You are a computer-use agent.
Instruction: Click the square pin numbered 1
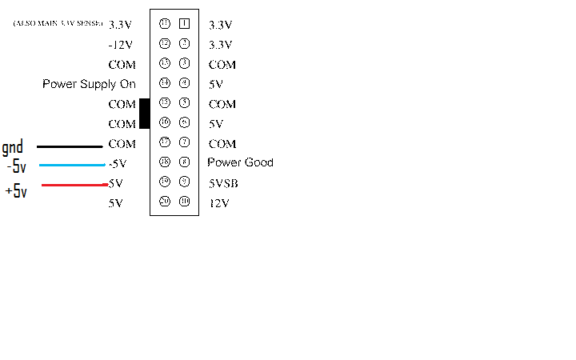[184, 24]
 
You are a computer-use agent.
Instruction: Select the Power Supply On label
[89, 84]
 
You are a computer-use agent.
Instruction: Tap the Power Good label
[241, 162]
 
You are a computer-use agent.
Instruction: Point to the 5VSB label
[223, 183]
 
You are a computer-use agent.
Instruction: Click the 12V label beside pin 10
[219, 203]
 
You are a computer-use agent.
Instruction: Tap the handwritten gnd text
[13, 147]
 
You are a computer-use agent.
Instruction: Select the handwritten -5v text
[16, 167]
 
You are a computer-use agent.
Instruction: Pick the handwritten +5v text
[16, 191]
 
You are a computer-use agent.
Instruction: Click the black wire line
[70, 146]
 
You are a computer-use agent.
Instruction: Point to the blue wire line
[72, 166]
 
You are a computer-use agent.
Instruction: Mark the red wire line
[74, 186]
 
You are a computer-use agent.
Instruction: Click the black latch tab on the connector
[145, 114]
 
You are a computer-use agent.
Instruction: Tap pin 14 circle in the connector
[165, 83]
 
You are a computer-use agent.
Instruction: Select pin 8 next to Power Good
[184, 162]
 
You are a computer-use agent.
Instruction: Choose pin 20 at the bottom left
[165, 202]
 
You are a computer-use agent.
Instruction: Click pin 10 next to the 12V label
[184, 202]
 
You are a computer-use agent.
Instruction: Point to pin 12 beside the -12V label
[165, 44]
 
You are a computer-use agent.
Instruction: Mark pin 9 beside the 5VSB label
[184, 182]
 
